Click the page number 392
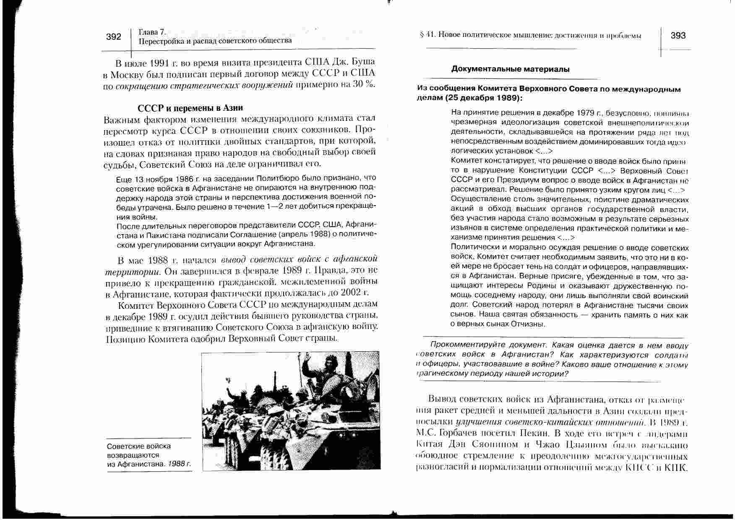coord(113,37)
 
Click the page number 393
coord(678,36)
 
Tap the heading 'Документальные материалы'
coord(510,69)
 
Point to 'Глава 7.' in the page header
coord(152,32)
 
